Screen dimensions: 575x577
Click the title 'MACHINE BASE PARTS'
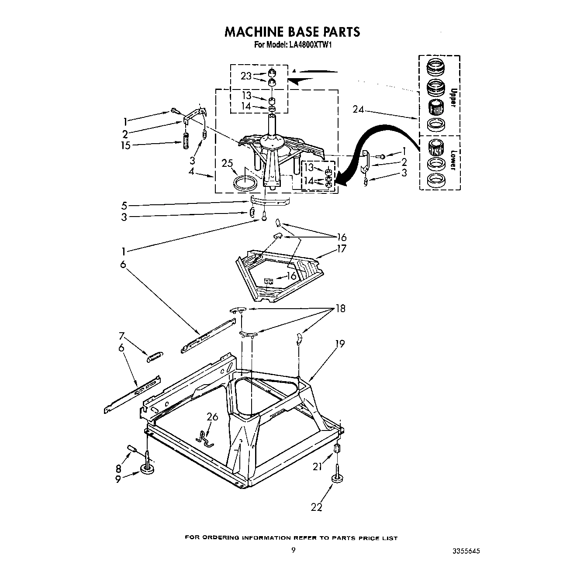click(292, 31)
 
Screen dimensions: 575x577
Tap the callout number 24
click(358, 109)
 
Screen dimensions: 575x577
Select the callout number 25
click(227, 163)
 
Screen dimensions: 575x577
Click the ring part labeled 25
click(245, 182)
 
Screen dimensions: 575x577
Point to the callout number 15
click(125, 145)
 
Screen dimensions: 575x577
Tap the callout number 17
click(341, 248)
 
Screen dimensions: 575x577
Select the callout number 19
click(340, 344)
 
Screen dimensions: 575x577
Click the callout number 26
click(212, 417)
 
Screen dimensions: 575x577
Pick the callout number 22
click(316, 507)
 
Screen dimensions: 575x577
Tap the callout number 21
click(317, 467)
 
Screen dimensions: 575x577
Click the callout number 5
click(124, 205)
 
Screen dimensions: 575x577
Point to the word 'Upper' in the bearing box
click(453, 97)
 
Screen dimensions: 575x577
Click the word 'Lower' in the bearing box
click(453, 160)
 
